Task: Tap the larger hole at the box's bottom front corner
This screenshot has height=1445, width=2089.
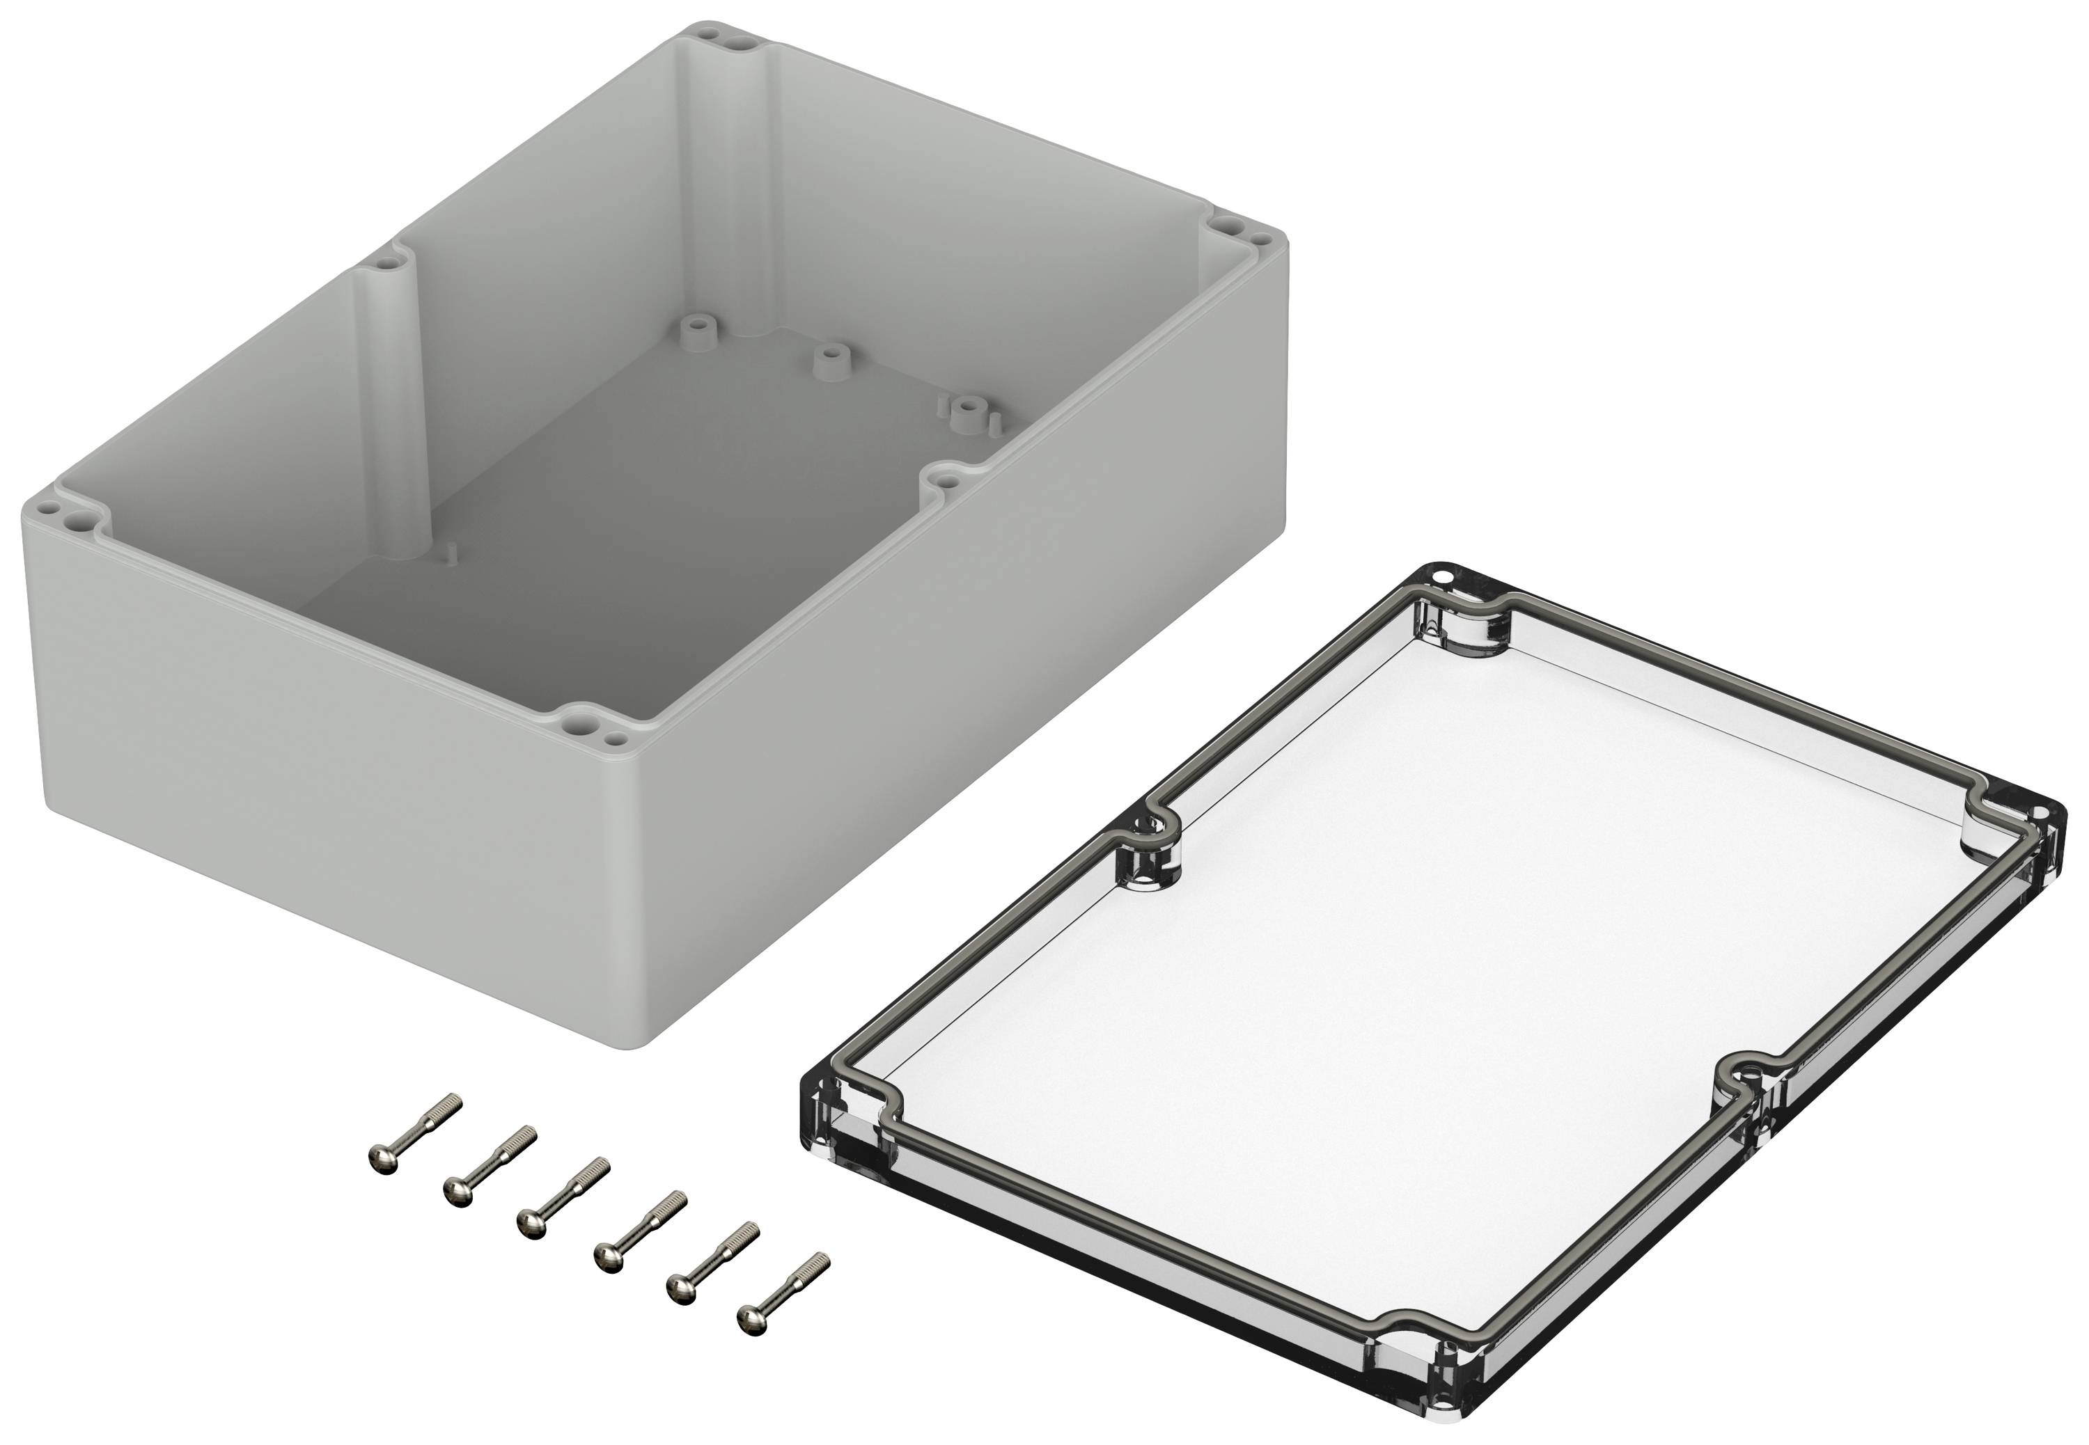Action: pyautogui.click(x=577, y=723)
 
